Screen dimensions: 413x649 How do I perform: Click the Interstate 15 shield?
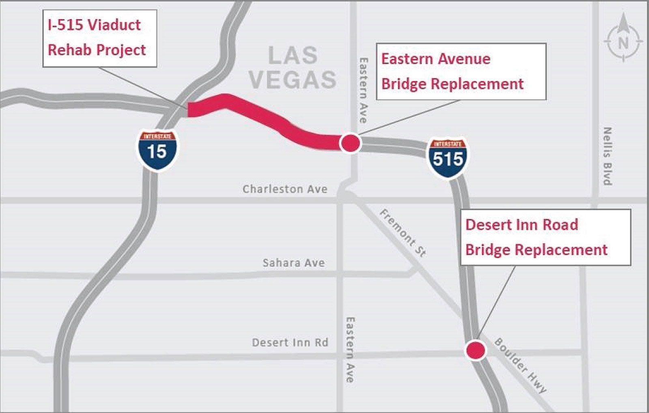tap(157, 150)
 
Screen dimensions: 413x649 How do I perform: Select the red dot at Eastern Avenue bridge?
tap(350, 143)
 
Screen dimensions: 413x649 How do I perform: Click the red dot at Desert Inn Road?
tap(475, 350)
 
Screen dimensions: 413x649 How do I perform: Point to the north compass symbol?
tap(623, 42)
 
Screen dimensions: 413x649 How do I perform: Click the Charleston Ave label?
tap(285, 189)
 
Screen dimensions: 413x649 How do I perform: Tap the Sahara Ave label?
tap(294, 263)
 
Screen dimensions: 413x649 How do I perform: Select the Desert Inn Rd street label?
tap(290, 343)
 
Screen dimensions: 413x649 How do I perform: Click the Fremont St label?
tap(403, 233)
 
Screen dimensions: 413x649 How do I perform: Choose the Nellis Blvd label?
tap(607, 156)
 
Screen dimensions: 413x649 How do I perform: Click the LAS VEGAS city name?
tap(292, 67)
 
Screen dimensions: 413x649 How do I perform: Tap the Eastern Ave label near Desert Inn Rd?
tap(350, 350)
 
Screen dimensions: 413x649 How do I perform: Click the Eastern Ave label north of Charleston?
tap(363, 90)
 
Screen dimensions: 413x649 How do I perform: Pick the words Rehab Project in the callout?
tap(97, 50)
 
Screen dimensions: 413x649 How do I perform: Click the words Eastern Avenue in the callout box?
tap(436, 59)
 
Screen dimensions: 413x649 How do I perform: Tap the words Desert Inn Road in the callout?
tap(521, 225)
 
